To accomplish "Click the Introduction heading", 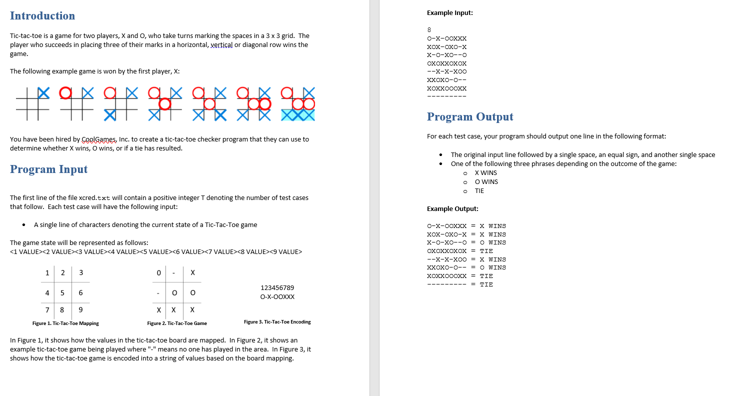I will pos(42,16).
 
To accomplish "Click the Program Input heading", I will pos(48,169).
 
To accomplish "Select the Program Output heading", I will pos(469,116).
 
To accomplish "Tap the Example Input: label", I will pos(449,13).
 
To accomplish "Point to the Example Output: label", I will pos(452,209).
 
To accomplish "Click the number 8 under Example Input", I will pos(429,30).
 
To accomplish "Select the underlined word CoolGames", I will pos(98,139).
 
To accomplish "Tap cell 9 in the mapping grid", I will pos(81,310).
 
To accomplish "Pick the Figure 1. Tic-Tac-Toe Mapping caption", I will pos(65,323).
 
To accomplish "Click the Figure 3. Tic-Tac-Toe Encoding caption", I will pos(277,322).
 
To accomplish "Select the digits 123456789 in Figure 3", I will pos(277,287).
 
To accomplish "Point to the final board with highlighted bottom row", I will pos(298,103).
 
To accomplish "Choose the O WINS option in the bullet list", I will pos(486,182).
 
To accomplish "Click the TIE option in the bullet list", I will pos(479,191).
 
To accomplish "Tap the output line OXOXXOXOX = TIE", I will pos(459,251).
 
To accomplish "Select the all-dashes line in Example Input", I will pos(446,96).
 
